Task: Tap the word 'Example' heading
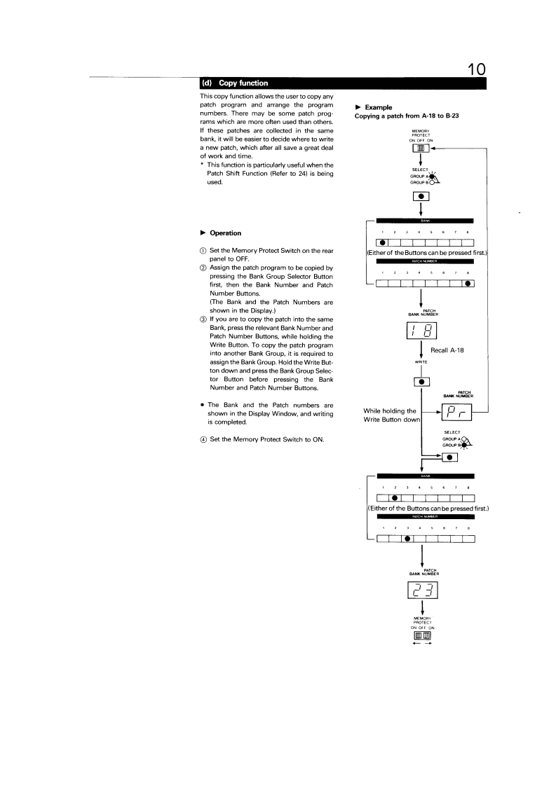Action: pos(379,106)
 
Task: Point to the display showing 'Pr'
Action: pos(456,411)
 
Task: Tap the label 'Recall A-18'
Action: pos(460,351)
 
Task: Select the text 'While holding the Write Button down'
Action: pos(391,415)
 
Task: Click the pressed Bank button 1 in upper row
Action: pos(382,242)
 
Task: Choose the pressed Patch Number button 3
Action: pos(407,538)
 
